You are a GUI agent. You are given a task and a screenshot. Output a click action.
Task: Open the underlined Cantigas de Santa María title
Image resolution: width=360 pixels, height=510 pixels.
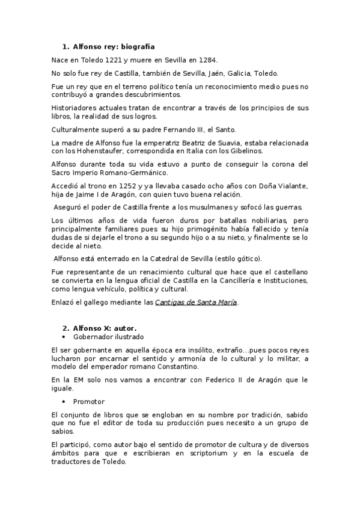click(197, 302)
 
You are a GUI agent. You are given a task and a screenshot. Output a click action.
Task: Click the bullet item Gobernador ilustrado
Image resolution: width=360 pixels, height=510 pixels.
click(108, 337)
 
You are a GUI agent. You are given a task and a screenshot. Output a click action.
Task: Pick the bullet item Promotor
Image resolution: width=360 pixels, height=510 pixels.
click(89, 401)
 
